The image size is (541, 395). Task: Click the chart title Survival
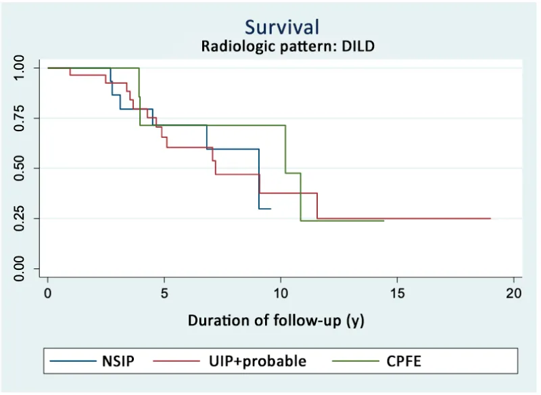coord(282,27)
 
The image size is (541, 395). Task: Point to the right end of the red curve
coord(490,218)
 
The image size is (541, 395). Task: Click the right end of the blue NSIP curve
coord(270,209)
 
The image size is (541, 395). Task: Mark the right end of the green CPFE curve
coord(383,220)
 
